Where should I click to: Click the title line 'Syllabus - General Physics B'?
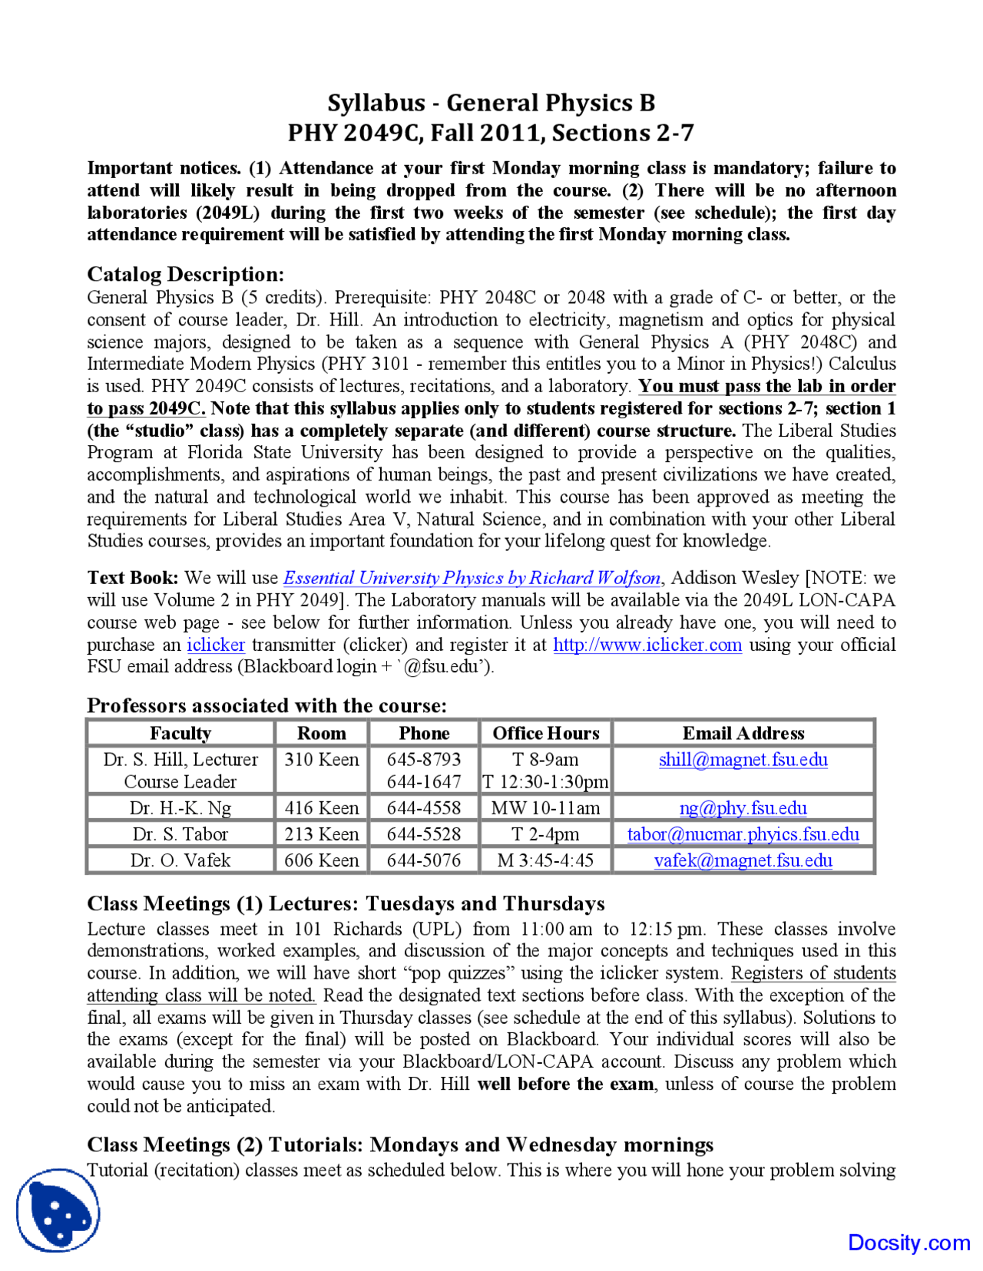coord(491,102)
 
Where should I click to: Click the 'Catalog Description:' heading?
coord(185,274)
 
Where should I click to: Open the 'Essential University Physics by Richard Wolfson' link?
coord(472,578)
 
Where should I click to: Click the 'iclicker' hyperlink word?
coord(216,645)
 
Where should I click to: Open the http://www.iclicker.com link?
coord(647,645)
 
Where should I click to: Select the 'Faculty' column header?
coord(180,733)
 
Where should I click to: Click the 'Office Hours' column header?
coord(545,733)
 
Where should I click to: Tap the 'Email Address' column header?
coord(743,733)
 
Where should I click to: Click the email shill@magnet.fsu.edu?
coord(743,760)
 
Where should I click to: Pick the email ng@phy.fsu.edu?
coord(743,808)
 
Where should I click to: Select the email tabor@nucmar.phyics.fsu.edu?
coord(743,834)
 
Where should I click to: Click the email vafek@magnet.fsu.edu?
coord(743,860)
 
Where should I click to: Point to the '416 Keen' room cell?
coord(321,808)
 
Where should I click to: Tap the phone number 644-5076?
coord(424,860)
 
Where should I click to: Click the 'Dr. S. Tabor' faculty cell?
coord(180,834)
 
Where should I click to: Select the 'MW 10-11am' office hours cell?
coord(545,808)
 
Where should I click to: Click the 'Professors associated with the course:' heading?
coord(266,705)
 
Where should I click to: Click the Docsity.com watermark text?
coord(909,1243)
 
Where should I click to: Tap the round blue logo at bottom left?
coord(58,1210)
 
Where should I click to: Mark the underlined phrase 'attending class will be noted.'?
coord(201,995)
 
